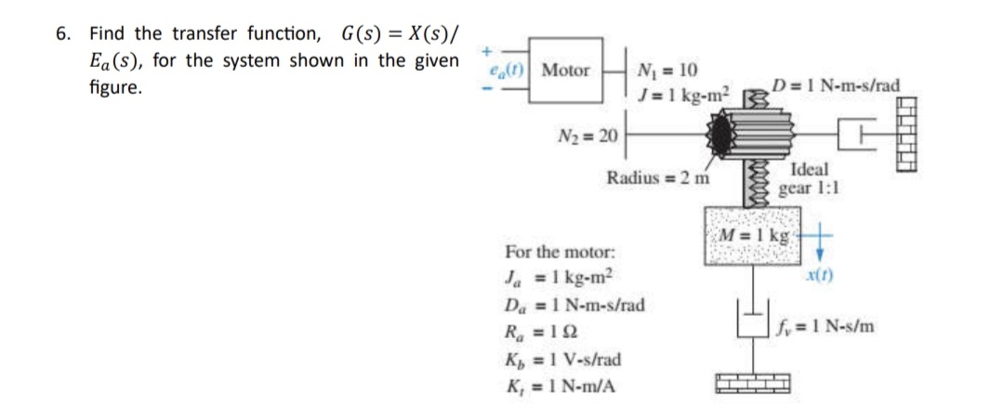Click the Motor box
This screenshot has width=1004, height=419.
(x=565, y=70)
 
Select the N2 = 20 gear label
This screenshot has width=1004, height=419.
(x=588, y=137)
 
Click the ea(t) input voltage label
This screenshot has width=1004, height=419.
(x=510, y=70)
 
